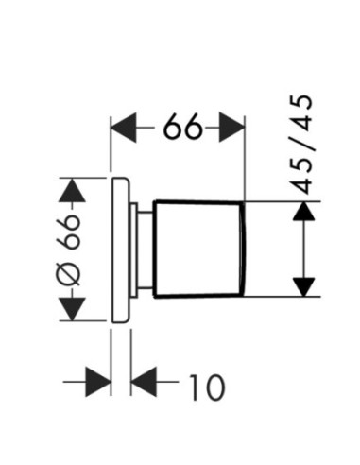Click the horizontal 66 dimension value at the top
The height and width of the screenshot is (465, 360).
(182, 127)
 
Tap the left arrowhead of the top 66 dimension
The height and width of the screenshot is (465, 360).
(124, 127)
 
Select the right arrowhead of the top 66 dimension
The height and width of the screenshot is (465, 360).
(231, 127)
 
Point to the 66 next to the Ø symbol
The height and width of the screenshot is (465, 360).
(70, 232)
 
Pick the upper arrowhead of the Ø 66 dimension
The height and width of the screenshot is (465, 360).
(72, 190)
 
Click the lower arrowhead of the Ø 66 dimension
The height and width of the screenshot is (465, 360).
(72, 309)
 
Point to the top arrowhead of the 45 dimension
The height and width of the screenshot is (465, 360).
(303, 211)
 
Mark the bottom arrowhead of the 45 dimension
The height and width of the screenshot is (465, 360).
(303, 287)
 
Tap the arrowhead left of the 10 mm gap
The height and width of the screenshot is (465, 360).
(98, 382)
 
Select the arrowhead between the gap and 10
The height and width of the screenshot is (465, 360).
(144, 382)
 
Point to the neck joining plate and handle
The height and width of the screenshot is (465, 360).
(146, 250)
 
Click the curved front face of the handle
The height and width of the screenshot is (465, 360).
(242, 249)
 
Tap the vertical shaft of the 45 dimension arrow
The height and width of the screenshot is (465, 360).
(303, 249)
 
